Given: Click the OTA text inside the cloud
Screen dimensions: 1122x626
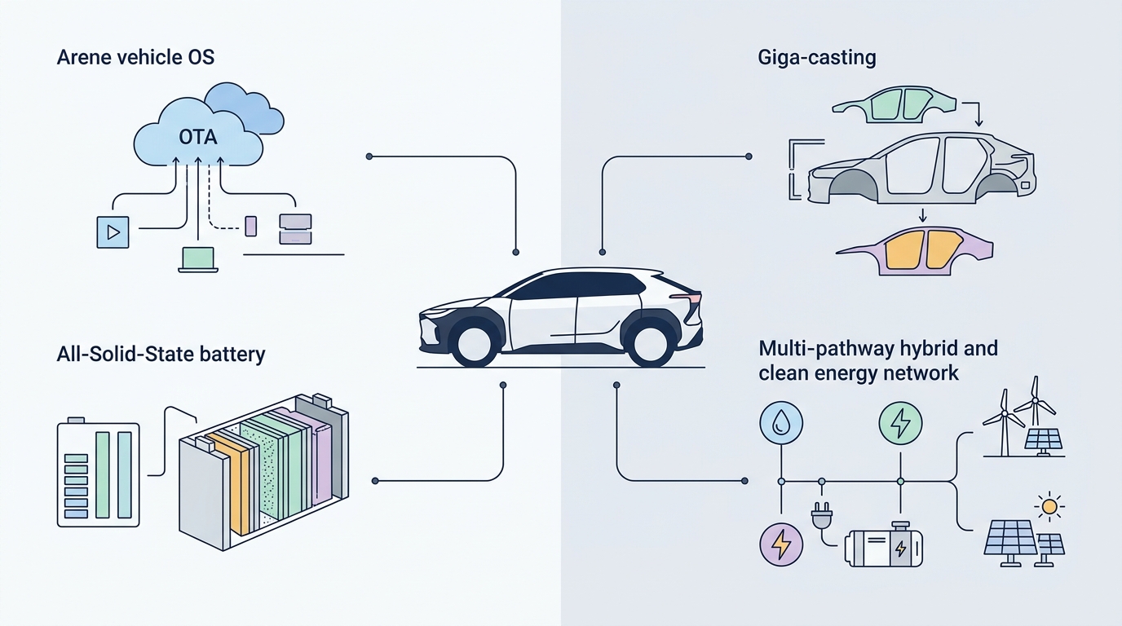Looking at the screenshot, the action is (198, 137).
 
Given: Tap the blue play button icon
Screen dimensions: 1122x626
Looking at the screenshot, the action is (113, 232).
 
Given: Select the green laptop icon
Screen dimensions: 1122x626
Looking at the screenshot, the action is (198, 260).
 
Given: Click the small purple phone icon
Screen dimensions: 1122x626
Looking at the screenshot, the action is (251, 226).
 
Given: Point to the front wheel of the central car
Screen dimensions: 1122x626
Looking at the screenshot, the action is (475, 343).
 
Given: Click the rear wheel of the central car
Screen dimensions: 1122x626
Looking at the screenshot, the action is (650, 343).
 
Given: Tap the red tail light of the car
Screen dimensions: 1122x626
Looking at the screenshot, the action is (687, 298).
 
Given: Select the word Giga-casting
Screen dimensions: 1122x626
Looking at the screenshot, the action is (817, 58).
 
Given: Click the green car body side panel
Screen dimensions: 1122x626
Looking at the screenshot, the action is (894, 105).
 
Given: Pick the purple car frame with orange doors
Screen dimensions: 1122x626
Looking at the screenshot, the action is (915, 251).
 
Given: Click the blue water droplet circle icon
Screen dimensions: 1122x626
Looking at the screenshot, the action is (781, 423).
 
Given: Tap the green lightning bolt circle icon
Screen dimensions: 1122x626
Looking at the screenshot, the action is (900, 423).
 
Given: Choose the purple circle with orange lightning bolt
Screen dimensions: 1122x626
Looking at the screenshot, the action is (781, 544).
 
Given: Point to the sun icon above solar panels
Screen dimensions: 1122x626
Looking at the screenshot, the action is (1049, 507).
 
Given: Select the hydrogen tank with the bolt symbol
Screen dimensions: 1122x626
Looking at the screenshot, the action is (884, 545).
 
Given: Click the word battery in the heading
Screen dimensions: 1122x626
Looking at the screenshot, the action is (232, 355).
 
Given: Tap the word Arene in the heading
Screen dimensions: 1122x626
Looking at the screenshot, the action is (84, 58).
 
